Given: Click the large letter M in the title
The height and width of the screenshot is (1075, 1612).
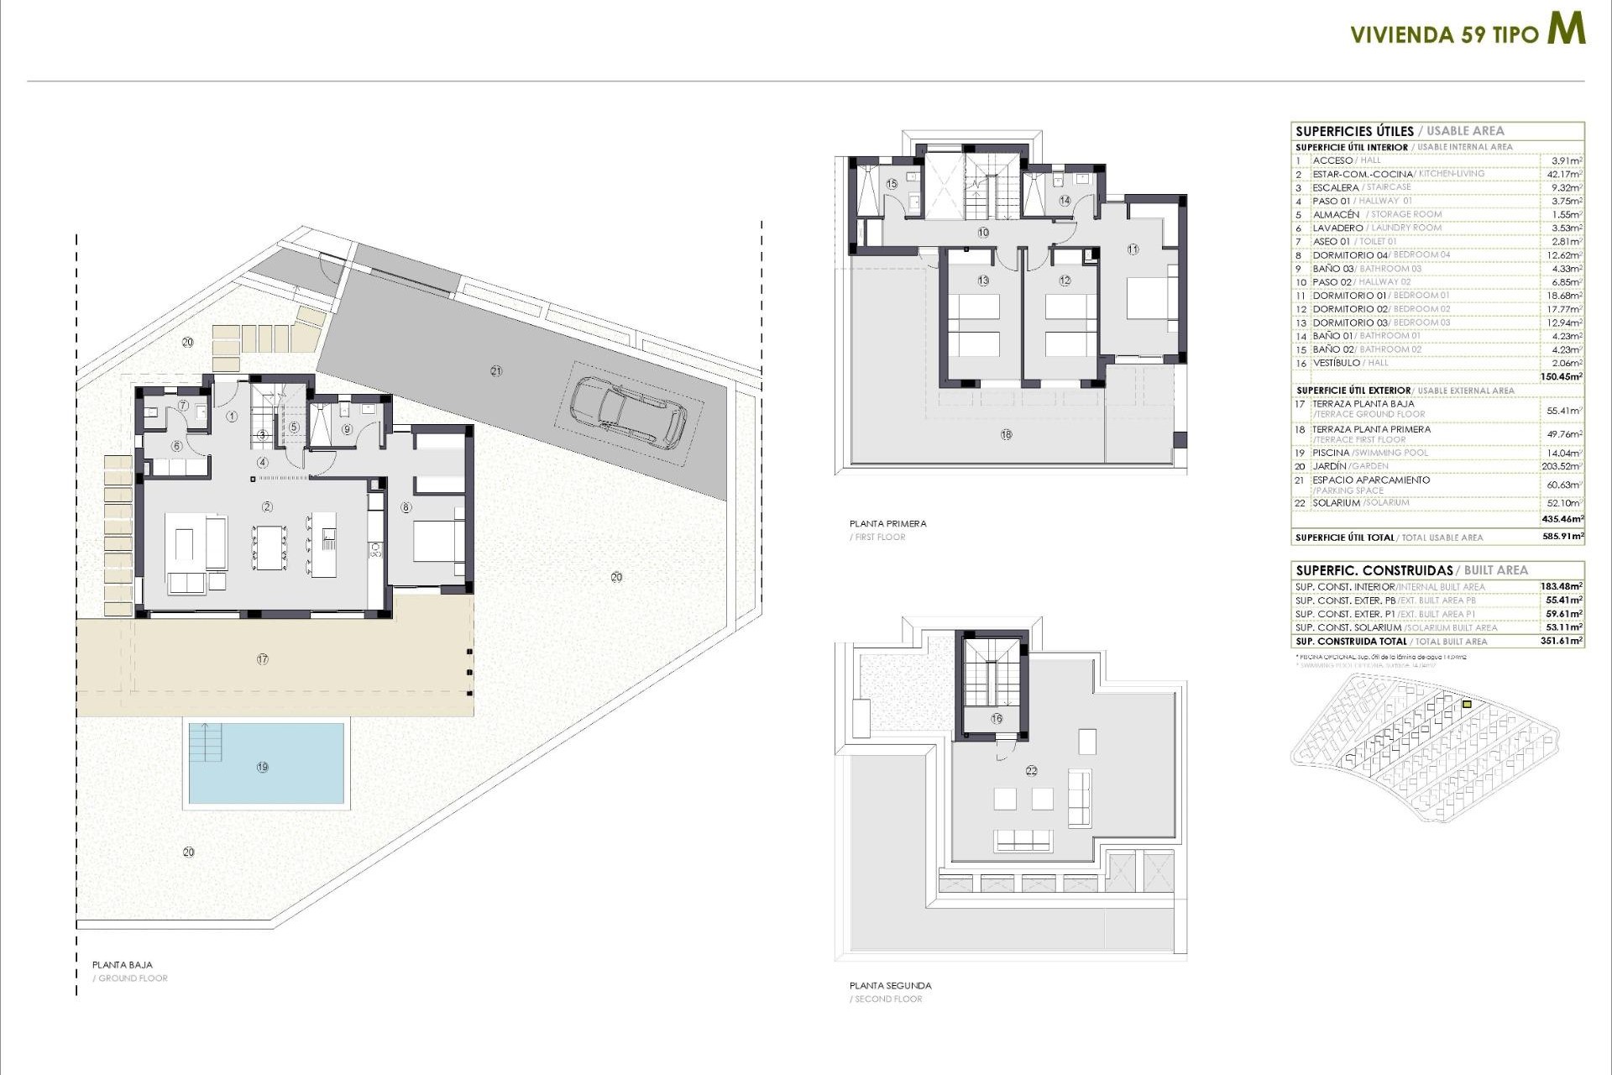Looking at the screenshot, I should (1566, 29).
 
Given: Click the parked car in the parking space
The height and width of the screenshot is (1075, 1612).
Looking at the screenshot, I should (627, 412).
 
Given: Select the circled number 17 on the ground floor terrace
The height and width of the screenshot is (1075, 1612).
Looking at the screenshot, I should (263, 659).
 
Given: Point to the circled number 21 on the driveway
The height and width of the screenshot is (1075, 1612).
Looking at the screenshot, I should (496, 370).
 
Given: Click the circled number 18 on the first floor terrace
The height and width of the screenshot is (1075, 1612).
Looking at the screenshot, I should (1006, 434).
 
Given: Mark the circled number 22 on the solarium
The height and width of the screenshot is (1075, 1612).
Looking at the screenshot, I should (1031, 770).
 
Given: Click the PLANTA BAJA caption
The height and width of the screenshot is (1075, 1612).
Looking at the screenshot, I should (123, 965).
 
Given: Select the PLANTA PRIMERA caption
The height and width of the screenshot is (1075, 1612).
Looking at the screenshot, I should (887, 523).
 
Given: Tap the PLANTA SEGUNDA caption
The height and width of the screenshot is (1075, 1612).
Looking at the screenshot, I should (890, 985).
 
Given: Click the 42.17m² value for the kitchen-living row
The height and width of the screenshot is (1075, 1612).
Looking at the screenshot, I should (1564, 174).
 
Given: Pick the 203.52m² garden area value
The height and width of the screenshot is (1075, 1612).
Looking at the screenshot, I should (1562, 466).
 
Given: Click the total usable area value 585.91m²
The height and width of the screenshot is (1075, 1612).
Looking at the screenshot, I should (1562, 536).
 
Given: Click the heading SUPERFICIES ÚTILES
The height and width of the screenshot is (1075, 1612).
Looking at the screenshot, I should (1354, 131).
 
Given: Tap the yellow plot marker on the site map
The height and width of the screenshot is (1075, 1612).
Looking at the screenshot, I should (1467, 705).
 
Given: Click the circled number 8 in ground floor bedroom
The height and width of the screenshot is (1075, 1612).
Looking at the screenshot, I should (406, 507).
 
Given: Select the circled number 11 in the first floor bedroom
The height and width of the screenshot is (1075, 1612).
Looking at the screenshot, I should (1133, 249).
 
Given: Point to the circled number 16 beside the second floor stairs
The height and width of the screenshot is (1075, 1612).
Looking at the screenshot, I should (997, 718).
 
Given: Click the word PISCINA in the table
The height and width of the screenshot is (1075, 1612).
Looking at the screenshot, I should (1332, 453).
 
